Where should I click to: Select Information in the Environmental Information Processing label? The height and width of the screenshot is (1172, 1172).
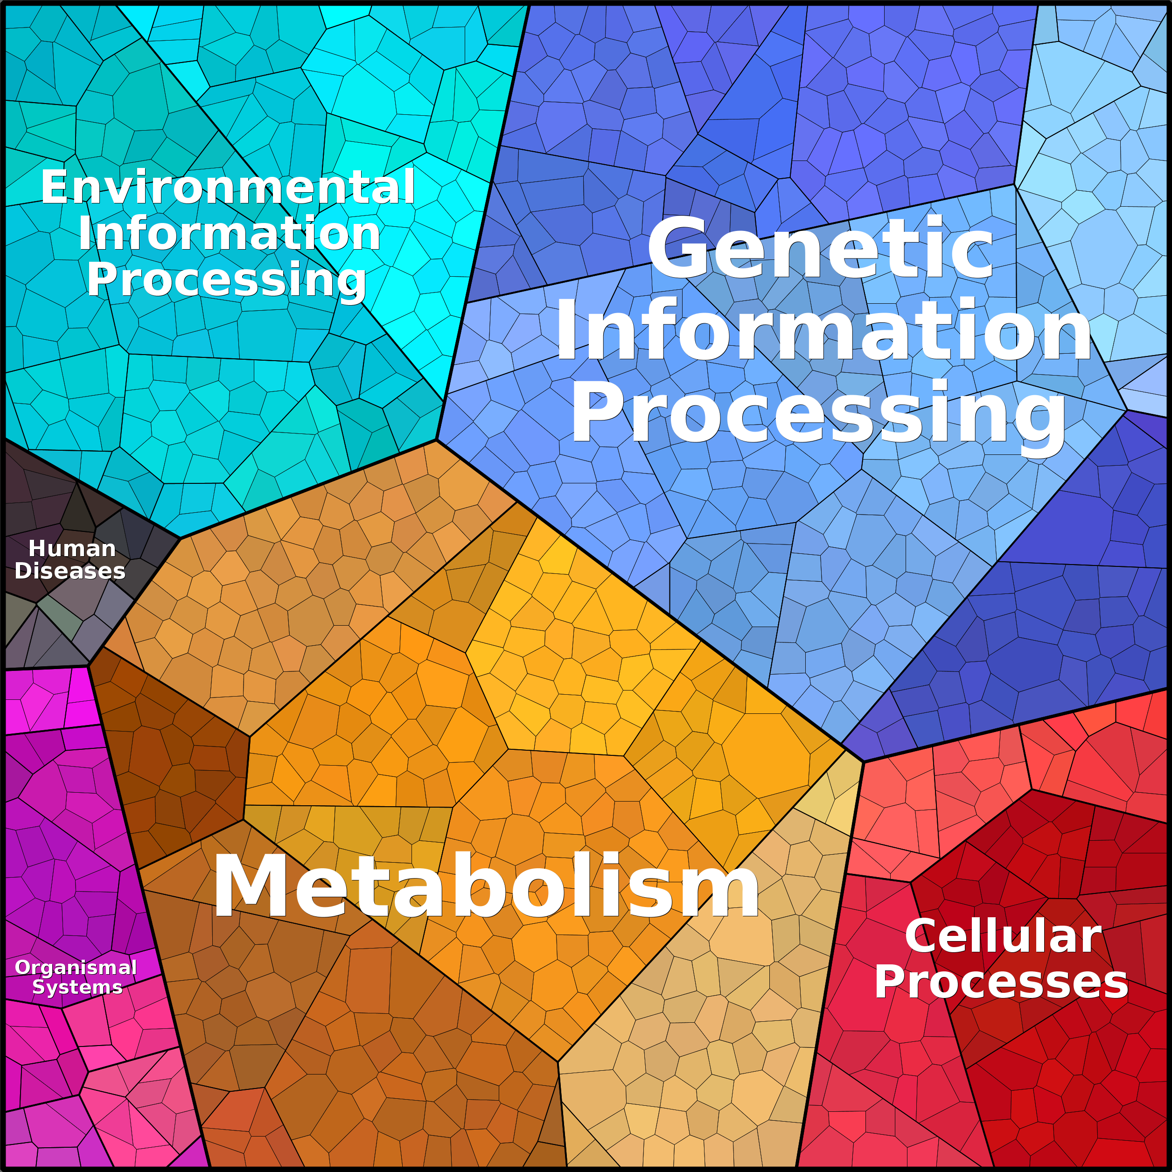coord(229,234)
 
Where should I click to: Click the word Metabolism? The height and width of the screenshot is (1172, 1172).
coord(485,886)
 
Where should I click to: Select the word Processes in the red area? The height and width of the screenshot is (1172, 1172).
coord(1001,982)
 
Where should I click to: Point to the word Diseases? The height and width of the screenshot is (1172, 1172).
coord(70,571)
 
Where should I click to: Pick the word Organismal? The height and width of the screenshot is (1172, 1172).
coord(76,967)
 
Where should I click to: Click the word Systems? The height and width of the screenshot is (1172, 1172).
coord(77,987)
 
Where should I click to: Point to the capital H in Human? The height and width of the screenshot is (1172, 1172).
coord(36,548)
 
